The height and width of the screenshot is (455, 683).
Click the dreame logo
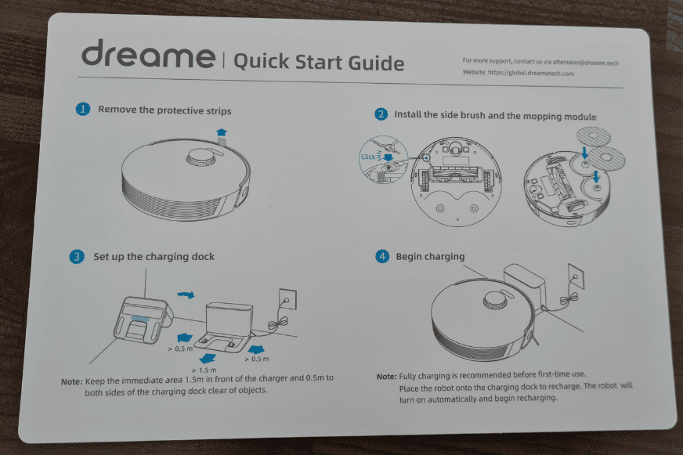click(147, 58)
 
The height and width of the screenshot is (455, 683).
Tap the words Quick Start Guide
click(319, 62)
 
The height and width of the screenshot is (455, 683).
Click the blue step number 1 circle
click(82, 110)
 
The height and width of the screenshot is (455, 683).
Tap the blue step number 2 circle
click(381, 114)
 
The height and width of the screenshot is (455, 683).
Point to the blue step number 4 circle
click(382, 256)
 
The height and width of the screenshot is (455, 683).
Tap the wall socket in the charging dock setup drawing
click(287, 298)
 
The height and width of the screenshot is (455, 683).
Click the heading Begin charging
click(430, 256)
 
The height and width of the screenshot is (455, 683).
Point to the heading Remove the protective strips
click(164, 110)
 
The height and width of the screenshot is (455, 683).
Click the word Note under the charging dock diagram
click(71, 381)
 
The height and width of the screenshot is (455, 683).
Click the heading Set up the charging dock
click(154, 256)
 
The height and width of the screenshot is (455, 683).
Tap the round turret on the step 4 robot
click(496, 299)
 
